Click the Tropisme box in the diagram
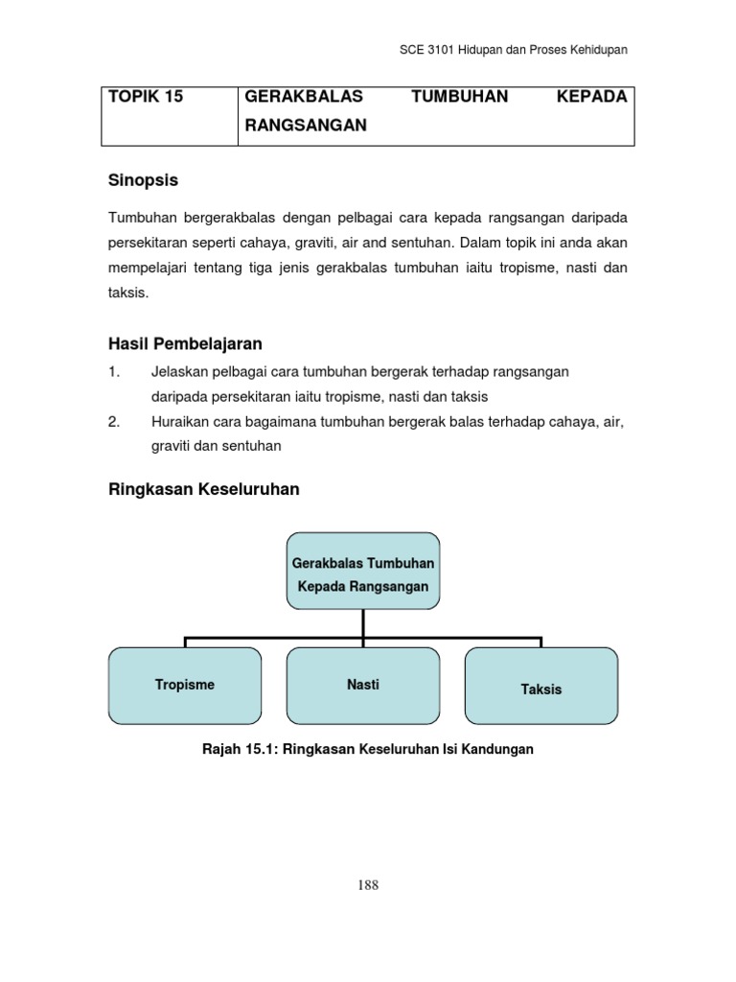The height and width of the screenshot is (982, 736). click(x=185, y=686)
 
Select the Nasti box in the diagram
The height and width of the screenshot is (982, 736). click(x=363, y=686)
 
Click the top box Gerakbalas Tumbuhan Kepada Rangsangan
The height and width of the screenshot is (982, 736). click(x=363, y=573)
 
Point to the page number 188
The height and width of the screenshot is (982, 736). click(x=367, y=885)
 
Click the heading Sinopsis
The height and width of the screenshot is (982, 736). click(x=144, y=180)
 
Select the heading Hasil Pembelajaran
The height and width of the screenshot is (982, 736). click(x=185, y=343)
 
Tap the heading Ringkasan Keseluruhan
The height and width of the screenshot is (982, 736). click(x=205, y=489)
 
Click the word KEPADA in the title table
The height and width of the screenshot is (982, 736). click(x=592, y=97)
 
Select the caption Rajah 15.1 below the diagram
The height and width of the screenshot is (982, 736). click(x=367, y=750)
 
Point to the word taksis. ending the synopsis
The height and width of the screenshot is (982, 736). click(x=129, y=293)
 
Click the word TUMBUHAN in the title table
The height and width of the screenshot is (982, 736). click(x=459, y=97)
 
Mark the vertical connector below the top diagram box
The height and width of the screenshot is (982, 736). click(x=363, y=623)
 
